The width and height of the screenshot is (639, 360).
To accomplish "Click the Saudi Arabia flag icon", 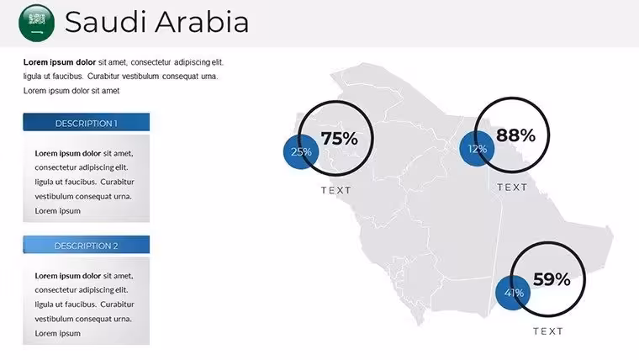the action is [37, 23].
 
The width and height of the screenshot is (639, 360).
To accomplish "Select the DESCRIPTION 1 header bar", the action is [86, 122].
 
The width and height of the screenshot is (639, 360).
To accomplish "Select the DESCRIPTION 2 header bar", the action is [86, 245].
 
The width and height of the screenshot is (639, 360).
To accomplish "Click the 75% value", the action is [340, 138].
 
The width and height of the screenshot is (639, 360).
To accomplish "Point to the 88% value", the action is [515, 135].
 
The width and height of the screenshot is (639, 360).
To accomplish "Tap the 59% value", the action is [552, 279].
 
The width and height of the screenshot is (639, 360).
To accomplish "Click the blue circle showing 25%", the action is [301, 151].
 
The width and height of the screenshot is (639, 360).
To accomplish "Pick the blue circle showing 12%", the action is [477, 149].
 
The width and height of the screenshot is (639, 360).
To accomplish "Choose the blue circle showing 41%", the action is [513, 293].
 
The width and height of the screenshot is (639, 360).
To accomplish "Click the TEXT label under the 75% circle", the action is [336, 190].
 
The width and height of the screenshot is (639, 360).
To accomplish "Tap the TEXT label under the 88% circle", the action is [512, 187].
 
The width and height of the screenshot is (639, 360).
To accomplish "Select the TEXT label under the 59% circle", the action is [548, 331].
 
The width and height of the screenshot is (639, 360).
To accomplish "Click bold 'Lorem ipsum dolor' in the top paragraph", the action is [60, 62].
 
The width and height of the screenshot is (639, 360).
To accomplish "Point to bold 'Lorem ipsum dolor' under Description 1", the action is [67, 153].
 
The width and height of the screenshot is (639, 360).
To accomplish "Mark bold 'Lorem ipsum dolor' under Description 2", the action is [67, 276].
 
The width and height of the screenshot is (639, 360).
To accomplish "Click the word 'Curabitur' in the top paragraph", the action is [103, 77].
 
